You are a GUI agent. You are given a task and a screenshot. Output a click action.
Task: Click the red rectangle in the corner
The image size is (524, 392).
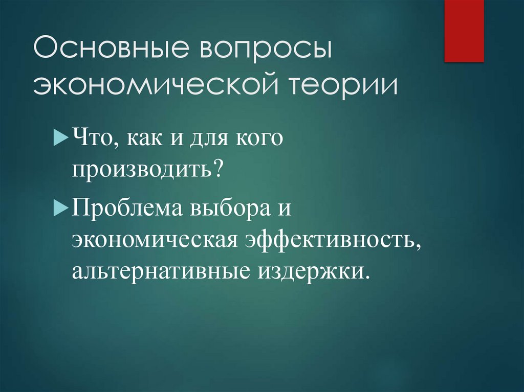464,31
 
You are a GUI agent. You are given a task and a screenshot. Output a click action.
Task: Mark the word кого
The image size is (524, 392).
259,140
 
